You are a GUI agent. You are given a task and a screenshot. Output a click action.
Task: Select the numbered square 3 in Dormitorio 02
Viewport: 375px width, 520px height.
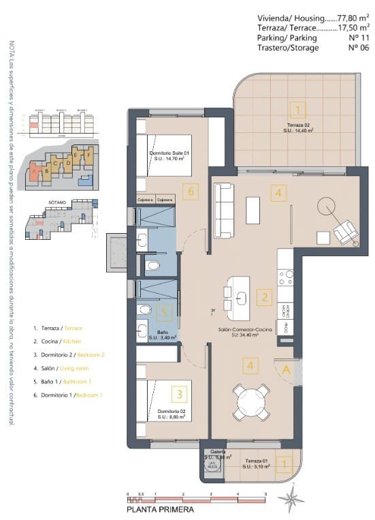tap(180, 393)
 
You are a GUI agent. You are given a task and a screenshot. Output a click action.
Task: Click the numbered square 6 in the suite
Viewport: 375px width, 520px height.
tap(191, 192)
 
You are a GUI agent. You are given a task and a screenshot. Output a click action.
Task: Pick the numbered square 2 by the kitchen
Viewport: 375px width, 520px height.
tap(265, 297)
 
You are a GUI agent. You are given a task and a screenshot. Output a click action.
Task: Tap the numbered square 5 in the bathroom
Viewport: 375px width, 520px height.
tap(162, 313)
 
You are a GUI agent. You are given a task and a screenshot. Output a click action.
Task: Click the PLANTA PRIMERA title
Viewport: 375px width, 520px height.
tap(161, 509)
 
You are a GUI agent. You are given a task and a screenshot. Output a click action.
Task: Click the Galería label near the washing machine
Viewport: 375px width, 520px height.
tap(217, 452)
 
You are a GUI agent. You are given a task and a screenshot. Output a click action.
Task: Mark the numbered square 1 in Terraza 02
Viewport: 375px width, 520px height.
tap(297, 108)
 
